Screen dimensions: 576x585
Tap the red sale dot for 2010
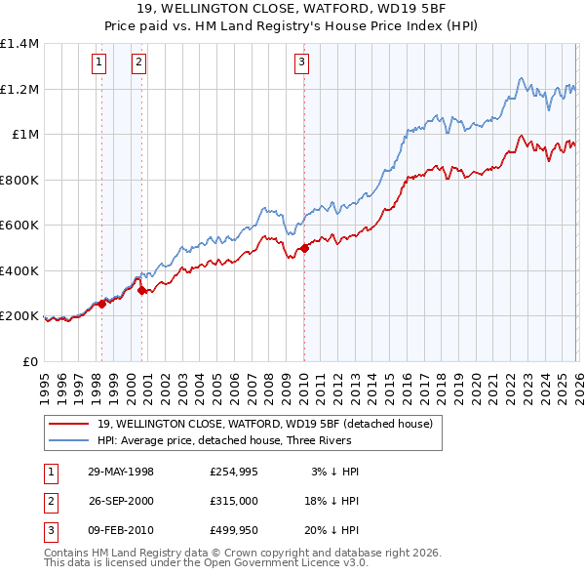click(x=304, y=248)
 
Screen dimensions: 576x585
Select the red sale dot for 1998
click(x=101, y=304)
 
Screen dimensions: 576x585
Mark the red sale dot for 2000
click(x=141, y=290)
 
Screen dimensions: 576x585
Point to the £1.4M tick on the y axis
click(x=19, y=44)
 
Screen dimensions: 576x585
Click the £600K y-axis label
click(x=19, y=226)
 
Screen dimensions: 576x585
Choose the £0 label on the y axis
click(x=30, y=362)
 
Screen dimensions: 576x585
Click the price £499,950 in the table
click(x=233, y=530)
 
